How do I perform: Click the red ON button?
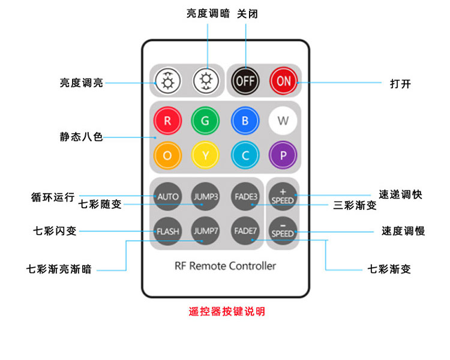pyautogui.click(x=283, y=80)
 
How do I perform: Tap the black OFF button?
pyautogui.click(x=244, y=80)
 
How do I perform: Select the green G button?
pyautogui.click(x=205, y=121)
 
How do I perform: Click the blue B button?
pyautogui.click(x=244, y=121)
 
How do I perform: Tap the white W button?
pyautogui.click(x=283, y=121)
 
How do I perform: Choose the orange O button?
pyautogui.click(x=167, y=155)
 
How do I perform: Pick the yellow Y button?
pyautogui.click(x=205, y=155)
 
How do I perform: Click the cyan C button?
pyautogui.click(x=244, y=155)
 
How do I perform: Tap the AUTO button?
pyautogui.click(x=168, y=196)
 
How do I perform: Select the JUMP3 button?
pyautogui.click(x=205, y=196)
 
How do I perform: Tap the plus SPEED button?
pyautogui.click(x=283, y=196)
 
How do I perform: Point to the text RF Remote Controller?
pyautogui.click(x=225, y=265)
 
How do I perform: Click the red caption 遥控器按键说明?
pyautogui.click(x=226, y=311)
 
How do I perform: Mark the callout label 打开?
pyautogui.click(x=400, y=83)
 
